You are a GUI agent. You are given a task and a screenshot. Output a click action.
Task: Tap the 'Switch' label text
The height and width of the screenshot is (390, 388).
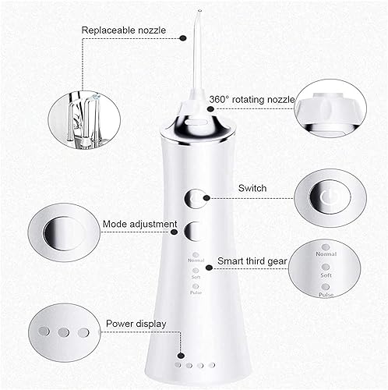[252, 188]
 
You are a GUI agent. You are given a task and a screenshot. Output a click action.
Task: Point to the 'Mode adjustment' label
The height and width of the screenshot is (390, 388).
[139, 224]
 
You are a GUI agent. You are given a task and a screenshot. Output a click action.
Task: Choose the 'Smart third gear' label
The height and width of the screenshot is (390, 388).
[244, 262]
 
